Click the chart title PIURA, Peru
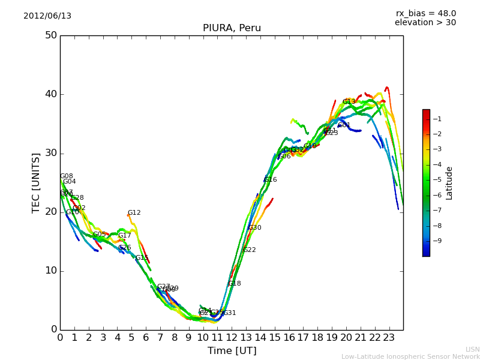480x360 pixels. point(232,28)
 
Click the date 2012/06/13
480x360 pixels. point(47,16)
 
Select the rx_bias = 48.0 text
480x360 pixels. point(425,14)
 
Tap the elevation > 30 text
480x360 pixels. point(425,23)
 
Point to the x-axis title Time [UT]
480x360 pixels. point(232,351)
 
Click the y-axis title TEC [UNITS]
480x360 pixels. point(36,182)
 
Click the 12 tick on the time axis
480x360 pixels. point(232,337)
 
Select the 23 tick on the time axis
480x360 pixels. point(389,337)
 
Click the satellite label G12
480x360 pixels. point(134,213)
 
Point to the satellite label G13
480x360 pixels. point(349,102)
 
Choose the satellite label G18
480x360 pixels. point(234,284)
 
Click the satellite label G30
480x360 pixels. point(254,228)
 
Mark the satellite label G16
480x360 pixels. point(270,180)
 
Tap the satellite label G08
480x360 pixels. point(66,176)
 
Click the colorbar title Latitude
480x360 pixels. point(449,183)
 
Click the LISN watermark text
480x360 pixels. point(472,349)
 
